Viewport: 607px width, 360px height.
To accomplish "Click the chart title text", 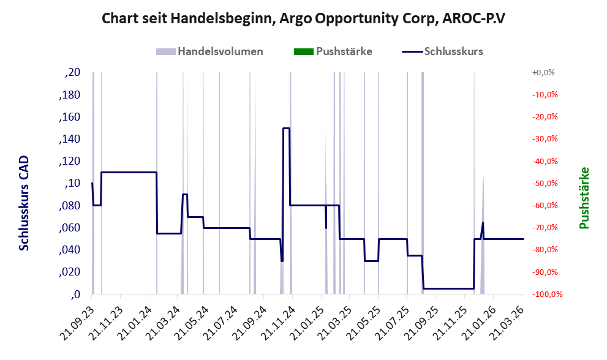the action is pyautogui.click(x=303, y=18).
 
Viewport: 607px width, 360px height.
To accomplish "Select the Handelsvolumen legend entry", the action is pyautogui.click(x=209, y=51).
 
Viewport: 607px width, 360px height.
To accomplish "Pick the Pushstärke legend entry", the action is pyautogui.click(x=333, y=51).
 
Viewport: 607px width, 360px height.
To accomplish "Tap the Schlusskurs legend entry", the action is pyautogui.click(x=442, y=51).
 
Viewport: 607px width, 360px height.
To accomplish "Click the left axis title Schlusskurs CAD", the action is pyautogui.click(x=24, y=203).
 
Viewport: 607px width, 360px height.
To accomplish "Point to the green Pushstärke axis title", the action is pyautogui.click(x=584, y=198).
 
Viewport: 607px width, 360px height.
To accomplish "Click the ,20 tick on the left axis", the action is pyautogui.click(x=73, y=72).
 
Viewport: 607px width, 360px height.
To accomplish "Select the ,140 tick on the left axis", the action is pyautogui.click(x=70, y=139).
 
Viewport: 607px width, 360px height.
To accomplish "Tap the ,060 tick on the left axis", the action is pyautogui.click(x=70, y=228).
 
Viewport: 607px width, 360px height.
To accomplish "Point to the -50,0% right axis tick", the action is pyautogui.click(x=545, y=183).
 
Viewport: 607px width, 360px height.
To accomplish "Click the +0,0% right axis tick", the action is pyautogui.click(x=543, y=72).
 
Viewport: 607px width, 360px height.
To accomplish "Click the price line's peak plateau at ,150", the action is pyautogui.click(x=287, y=128).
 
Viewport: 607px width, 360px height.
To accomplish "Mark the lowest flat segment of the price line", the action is pyautogui.click(x=449, y=288).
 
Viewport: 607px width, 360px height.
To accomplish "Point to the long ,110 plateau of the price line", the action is pyautogui.click(x=129, y=172).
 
